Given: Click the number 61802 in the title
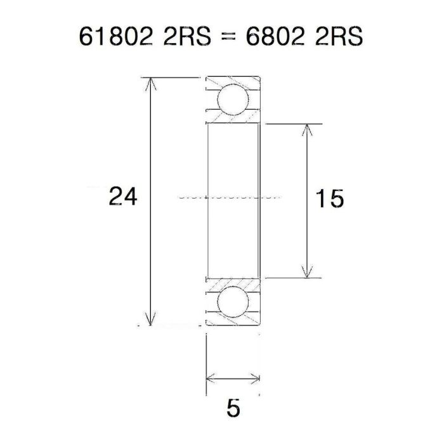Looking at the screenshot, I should click(x=116, y=36).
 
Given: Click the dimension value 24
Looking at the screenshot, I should click(x=122, y=197).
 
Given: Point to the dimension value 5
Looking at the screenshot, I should click(x=233, y=409).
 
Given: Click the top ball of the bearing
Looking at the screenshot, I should click(x=232, y=100).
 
